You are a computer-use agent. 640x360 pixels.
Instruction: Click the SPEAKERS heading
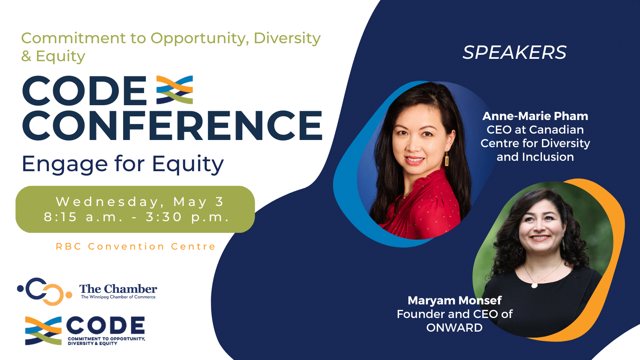[x=514, y=52]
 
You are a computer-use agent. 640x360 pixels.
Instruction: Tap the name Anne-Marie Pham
[x=535, y=116]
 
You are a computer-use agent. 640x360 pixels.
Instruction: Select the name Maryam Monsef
[x=454, y=300]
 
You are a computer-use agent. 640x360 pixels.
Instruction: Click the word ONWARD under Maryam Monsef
[x=454, y=328]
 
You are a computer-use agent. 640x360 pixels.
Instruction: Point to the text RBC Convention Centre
[x=136, y=246]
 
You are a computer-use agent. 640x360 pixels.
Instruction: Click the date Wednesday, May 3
[x=140, y=202]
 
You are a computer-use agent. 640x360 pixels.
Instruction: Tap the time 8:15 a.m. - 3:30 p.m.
[x=136, y=217]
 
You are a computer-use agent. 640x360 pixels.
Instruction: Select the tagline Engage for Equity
[x=123, y=164]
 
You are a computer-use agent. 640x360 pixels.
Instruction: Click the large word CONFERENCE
[x=172, y=126]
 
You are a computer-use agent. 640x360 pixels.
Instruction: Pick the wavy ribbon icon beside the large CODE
[x=174, y=90]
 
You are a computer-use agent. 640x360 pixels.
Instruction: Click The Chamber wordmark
[x=118, y=288]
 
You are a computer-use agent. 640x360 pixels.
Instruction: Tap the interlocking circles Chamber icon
[x=44, y=291]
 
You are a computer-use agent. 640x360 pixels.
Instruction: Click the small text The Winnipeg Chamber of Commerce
[x=118, y=297]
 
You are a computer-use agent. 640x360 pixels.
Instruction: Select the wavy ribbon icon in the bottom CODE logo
[x=43, y=330]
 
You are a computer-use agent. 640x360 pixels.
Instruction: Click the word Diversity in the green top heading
[x=287, y=38]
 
